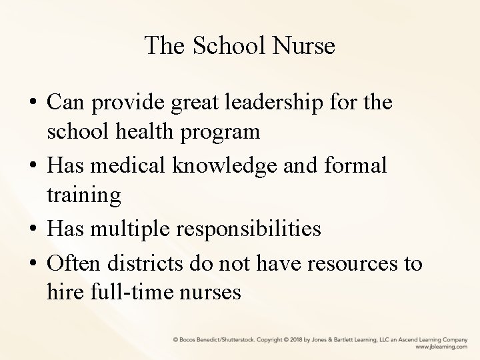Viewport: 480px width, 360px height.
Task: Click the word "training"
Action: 84,195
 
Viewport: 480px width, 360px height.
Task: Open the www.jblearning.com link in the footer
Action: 441,347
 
